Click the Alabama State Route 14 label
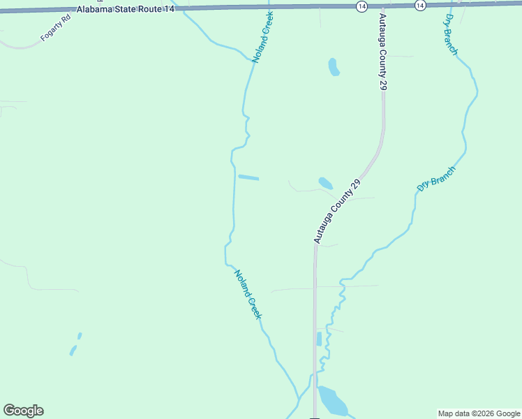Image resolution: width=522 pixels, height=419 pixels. pos(126,8)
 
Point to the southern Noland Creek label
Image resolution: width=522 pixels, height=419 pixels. pos(248,295)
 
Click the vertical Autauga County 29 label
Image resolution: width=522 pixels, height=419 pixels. pos(382,51)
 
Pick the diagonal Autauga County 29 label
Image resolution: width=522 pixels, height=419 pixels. pos(336,211)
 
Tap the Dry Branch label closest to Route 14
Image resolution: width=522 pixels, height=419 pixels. pos(449,35)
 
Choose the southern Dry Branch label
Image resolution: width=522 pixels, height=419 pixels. pos(436,179)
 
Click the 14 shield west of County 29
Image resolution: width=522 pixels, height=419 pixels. pos(361,6)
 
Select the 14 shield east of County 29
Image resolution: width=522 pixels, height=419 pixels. pos(419,5)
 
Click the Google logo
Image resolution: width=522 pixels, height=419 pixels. pos(23,411)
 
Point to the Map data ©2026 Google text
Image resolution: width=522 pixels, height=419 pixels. pos(479,413)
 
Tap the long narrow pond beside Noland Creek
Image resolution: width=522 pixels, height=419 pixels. pos(248,177)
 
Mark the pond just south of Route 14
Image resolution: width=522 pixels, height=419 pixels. pos(334,67)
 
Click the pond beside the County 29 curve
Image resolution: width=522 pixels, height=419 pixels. pos(325,184)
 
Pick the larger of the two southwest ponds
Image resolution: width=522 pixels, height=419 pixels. pos(73,350)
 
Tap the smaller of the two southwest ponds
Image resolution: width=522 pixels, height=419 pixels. pos(80,336)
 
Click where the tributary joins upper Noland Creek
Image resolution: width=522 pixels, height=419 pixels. pos(252,62)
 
